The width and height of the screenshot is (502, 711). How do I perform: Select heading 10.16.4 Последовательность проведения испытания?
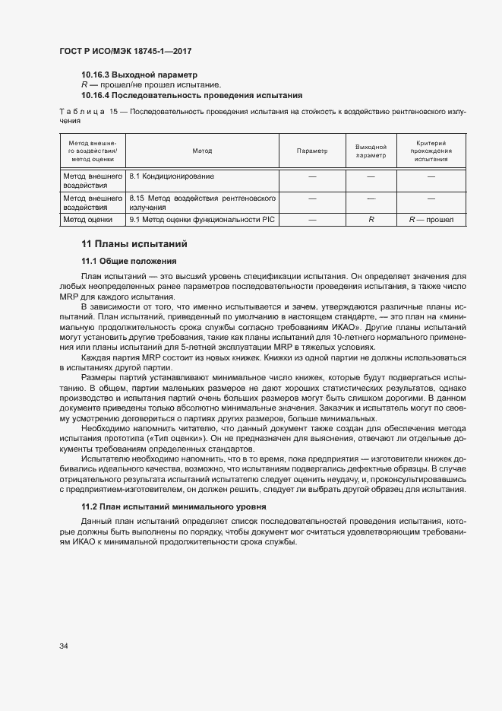click(x=191, y=95)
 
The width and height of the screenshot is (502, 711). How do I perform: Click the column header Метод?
click(x=202, y=151)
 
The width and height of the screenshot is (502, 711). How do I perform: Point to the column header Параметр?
click(x=312, y=151)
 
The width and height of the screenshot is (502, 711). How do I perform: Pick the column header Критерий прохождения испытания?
click(x=431, y=151)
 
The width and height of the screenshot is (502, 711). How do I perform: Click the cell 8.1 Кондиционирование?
click(x=172, y=176)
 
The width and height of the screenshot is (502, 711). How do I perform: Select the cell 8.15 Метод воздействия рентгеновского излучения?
click(x=202, y=202)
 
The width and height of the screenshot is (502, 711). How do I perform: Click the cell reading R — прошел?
click(x=431, y=219)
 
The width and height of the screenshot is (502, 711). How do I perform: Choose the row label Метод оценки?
click(x=88, y=219)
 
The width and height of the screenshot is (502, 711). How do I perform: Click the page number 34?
click(x=64, y=646)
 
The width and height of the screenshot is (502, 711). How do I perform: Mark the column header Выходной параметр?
click(x=371, y=151)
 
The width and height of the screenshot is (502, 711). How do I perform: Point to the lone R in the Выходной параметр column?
click(x=371, y=219)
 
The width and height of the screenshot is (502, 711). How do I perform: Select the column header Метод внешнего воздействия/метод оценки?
click(x=92, y=151)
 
